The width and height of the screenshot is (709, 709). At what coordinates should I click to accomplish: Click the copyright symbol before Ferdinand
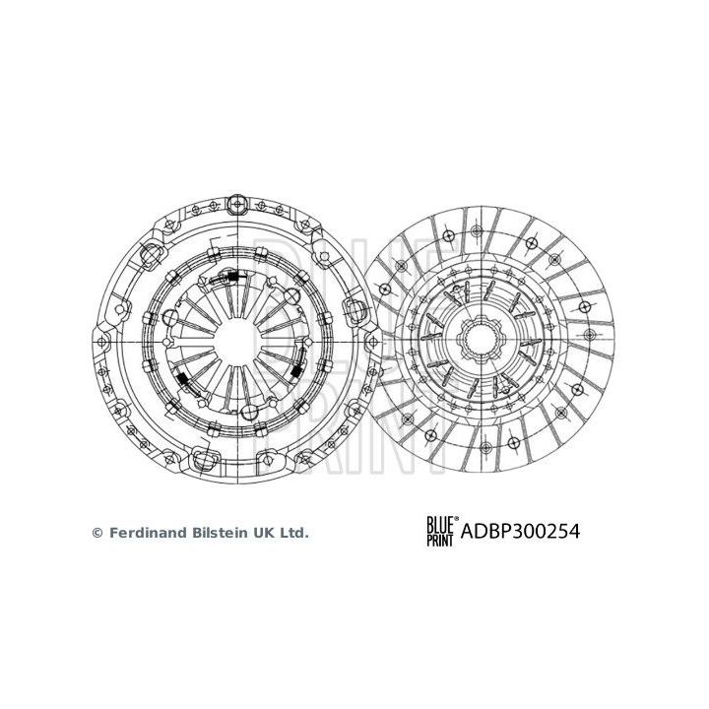click(x=97, y=532)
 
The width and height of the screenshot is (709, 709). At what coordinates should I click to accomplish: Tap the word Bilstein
click(x=220, y=532)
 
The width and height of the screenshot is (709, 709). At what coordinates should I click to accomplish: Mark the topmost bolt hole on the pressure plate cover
click(x=237, y=204)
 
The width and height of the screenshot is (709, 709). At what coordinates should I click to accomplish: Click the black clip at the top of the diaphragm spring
click(x=235, y=278)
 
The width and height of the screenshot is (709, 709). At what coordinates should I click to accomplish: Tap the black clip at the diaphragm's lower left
click(x=184, y=378)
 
